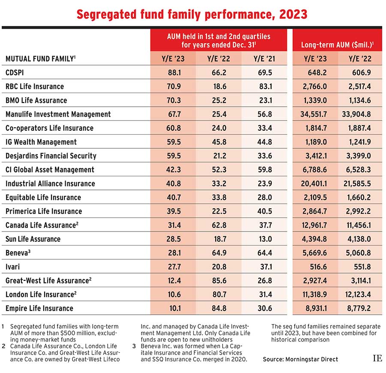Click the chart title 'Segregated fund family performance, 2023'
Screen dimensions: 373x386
pos(192,14)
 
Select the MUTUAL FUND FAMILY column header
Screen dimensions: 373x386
pos(41,58)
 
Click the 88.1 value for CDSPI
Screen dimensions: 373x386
pos(173,72)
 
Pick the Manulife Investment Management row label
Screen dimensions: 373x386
pos(58,114)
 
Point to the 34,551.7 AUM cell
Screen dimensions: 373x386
pos(315,114)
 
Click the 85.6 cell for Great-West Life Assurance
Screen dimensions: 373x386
pos(219,280)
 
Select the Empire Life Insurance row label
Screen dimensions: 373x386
pos(39,308)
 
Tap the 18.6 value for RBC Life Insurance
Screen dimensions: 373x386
pos(219,86)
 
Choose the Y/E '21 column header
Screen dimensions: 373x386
pos(265,58)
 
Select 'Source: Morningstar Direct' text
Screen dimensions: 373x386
pos(300,359)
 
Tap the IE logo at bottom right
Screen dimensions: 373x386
pos(377,358)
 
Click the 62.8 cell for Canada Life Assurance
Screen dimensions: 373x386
pos(219,225)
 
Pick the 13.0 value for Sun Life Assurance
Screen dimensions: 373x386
pos(265,239)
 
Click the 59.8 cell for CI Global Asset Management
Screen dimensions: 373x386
pos(265,169)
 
